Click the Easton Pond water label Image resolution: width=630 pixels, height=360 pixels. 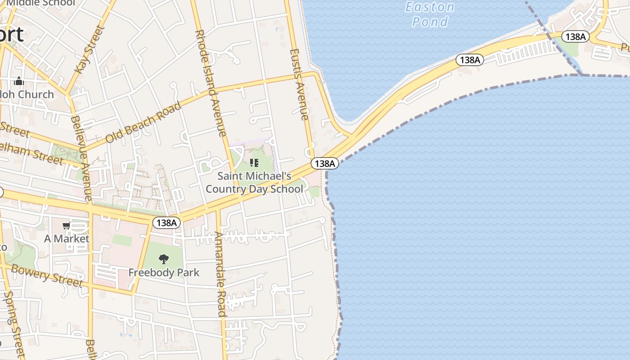(430, 14)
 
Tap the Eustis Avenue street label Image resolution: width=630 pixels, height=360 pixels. (300, 84)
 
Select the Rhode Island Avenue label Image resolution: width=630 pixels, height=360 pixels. (210, 83)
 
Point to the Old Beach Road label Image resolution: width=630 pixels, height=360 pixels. (144, 122)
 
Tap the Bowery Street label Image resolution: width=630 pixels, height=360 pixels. (47, 275)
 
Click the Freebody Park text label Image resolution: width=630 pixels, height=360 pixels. (164, 273)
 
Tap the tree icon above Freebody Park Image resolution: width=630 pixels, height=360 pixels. (164, 259)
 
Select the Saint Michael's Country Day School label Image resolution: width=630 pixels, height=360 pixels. (254, 182)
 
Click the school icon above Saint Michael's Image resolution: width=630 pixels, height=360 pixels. (254, 162)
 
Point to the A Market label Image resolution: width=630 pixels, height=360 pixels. (67, 238)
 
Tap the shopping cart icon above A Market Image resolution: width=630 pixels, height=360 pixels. (67, 225)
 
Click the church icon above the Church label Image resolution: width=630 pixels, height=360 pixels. (19, 81)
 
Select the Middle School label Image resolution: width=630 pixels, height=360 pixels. (40, 3)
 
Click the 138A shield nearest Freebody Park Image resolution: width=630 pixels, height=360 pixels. (166, 222)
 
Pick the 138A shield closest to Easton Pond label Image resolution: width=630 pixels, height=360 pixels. (470, 59)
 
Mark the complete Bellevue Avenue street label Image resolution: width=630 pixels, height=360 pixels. (81, 158)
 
